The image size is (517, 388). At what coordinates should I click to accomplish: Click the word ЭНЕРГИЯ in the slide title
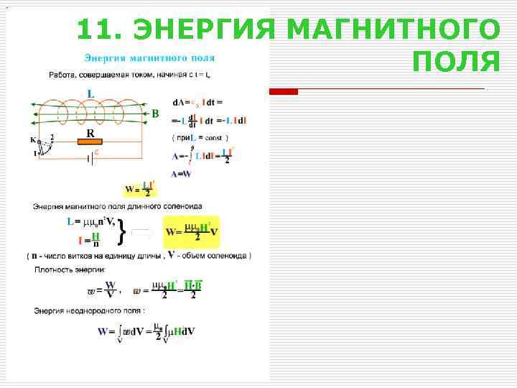click(x=205, y=31)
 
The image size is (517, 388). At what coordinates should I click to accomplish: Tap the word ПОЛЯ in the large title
click(x=457, y=63)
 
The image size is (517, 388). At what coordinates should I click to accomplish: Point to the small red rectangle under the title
click(x=283, y=91)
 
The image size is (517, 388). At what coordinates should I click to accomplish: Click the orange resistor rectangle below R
click(x=91, y=142)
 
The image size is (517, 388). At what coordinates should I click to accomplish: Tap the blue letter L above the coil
click(x=90, y=93)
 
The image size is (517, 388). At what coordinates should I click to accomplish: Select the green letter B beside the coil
click(x=155, y=114)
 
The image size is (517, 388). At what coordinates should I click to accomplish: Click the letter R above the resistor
click(x=91, y=133)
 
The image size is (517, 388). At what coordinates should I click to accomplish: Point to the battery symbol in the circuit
click(x=90, y=157)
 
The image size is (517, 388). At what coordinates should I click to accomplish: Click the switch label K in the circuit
click(x=32, y=140)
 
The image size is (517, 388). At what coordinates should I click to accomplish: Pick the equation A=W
click(x=181, y=174)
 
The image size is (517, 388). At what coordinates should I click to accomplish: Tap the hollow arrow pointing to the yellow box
click(x=143, y=232)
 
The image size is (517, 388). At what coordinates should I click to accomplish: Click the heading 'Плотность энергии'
click(x=70, y=269)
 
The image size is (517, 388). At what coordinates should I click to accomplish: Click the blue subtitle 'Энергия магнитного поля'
click(x=149, y=57)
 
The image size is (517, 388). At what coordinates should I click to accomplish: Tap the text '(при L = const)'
click(x=200, y=137)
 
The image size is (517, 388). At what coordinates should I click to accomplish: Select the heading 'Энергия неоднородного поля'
click(x=89, y=310)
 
